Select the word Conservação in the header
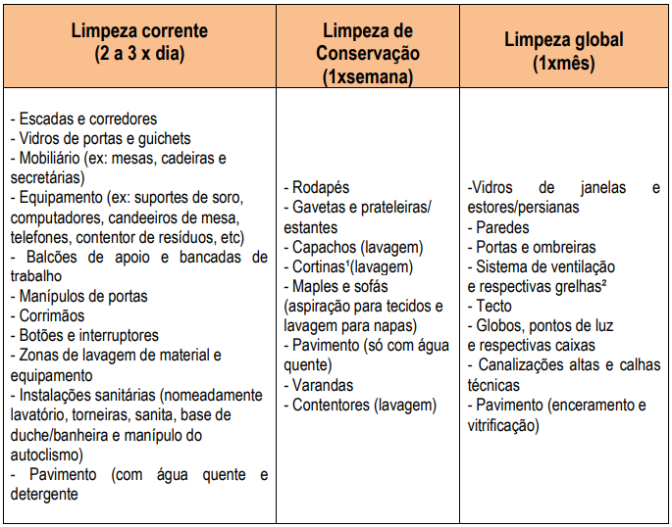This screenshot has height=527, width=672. pos(368,54)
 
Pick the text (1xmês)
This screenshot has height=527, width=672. pos(564,65)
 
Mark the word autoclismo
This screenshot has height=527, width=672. pos(47,455)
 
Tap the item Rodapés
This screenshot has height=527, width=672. pos(321,187)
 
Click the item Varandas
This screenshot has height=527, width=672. pos(323,385)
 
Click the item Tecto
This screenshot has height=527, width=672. pos(496,307)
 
